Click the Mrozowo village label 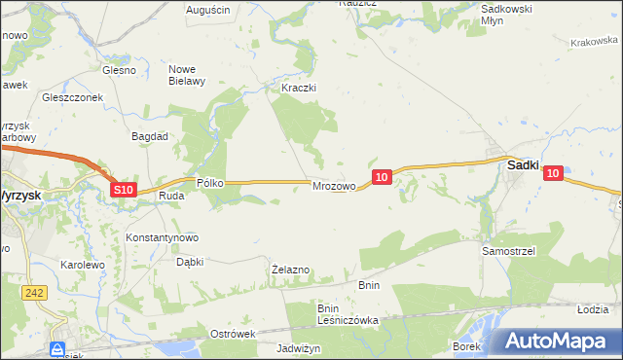pyautogui.click(x=332, y=186)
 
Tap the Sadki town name pyautogui.click(x=524, y=166)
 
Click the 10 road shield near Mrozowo pyautogui.click(x=381, y=176)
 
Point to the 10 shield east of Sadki pyautogui.click(x=553, y=173)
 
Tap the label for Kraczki pyautogui.click(x=300, y=88)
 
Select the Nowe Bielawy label pyautogui.click(x=187, y=75)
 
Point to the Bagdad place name pyautogui.click(x=152, y=137)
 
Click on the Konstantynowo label pyautogui.click(x=163, y=237)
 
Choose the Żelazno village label pyautogui.click(x=290, y=269)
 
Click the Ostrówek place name pyautogui.click(x=232, y=334)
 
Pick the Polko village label pyautogui.click(x=210, y=182)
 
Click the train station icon pyautogui.click(x=58, y=348)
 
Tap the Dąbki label pyautogui.click(x=189, y=261)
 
